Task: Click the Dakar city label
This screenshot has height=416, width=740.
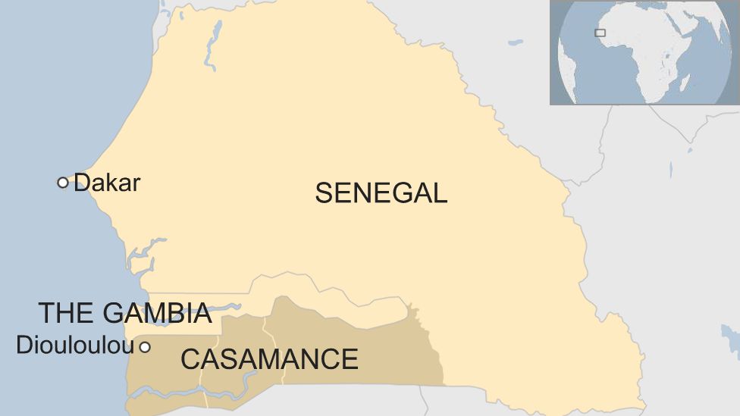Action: [x=107, y=183]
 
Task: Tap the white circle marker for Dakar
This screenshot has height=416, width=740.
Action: [x=63, y=182]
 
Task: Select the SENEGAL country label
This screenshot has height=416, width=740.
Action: [x=381, y=193]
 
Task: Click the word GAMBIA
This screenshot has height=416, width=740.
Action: [x=156, y=313]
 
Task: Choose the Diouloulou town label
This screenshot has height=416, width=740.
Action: [x=74, y=346]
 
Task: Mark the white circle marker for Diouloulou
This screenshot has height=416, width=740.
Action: [x=144, y=347]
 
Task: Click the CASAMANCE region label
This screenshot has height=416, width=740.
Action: [x=269, y=358]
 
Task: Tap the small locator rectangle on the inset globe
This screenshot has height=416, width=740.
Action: [x=600, y=33]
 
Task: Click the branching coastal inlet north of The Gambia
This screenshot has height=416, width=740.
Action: [x=144, y=254]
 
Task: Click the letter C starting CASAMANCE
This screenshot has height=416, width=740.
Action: [x=190, y=358]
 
